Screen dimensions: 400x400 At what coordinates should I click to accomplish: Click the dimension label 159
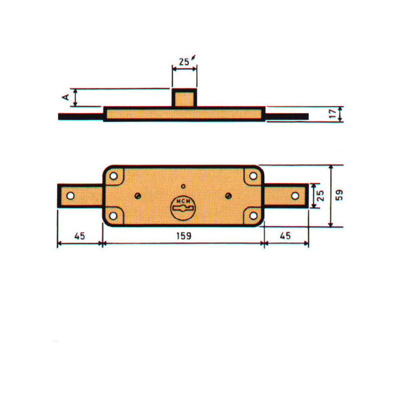click(x=183, y=236)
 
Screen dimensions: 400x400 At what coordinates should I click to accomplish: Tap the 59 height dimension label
click(x=339, y=195)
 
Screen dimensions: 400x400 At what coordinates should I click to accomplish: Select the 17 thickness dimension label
click(x=333, y=113)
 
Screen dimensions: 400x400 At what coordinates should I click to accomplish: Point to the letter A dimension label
click(x=66, y=97)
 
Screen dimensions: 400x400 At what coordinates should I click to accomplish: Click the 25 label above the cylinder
click(x=183, y=61)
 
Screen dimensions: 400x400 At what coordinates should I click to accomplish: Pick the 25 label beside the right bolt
click(x=320, y=195)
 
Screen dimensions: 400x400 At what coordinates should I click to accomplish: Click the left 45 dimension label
click(x=79, y=236)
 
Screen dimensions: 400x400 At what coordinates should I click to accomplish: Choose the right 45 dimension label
click(x=285, y=235)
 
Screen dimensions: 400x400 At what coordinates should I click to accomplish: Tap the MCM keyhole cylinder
click(x=183, y=208)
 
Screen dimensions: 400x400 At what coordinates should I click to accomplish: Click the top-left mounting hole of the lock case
click(x=113, y=176)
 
